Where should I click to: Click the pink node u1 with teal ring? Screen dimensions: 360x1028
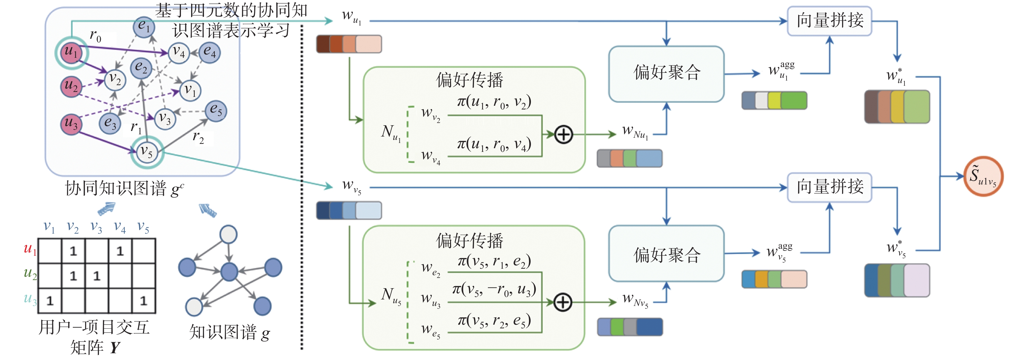click(71, 52)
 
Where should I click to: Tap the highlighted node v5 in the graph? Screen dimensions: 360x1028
click(147, 152)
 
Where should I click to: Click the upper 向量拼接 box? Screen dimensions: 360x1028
click(829, 21)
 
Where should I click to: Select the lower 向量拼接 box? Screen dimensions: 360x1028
click(829, 187)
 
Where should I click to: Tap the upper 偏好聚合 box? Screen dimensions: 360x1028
click(666, 74)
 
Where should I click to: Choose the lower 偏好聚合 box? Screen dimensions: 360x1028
click(666, 254)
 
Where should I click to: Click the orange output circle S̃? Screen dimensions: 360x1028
click(983, 176)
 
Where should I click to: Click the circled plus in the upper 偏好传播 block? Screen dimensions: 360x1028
click(563, 135)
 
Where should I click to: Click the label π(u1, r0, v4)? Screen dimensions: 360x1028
click(494, 144)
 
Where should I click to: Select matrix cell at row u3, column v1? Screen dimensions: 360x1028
click(50, 301)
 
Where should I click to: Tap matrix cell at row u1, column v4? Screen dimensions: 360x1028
click(120, 251)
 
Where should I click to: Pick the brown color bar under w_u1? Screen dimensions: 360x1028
click(349, 44)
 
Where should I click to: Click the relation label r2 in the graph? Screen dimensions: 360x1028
click(198, 137)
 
